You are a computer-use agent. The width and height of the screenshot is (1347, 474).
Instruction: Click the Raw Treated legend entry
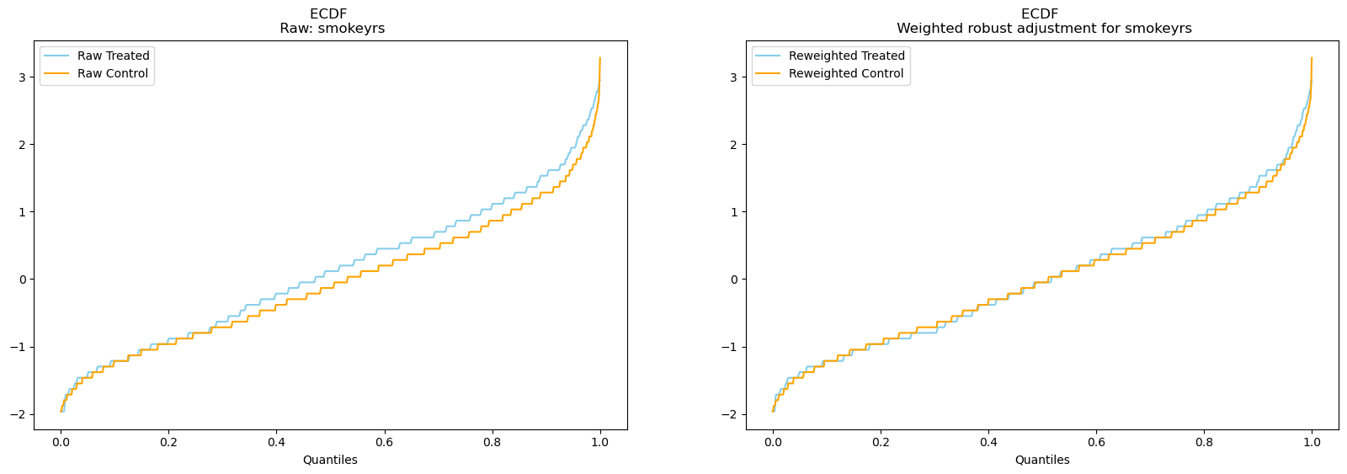pos(113,56)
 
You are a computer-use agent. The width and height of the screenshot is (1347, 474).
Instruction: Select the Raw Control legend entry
pos(112,73)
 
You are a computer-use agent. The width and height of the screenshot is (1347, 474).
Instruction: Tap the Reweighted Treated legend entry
pos(846,56)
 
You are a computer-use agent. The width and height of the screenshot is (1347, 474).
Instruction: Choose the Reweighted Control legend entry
pos(845,73)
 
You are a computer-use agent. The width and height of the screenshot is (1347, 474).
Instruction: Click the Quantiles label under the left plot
pos(330,460)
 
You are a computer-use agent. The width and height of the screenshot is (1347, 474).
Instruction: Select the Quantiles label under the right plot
pos(1042,460)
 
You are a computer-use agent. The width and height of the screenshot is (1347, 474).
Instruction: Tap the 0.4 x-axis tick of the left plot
pos(276,442)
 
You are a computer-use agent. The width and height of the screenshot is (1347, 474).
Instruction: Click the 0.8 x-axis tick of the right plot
pos(1204,442)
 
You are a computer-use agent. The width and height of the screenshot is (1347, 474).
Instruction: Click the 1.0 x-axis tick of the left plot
pos(599,442)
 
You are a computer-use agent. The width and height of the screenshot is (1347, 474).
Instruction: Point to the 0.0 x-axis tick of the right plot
pos(773,442)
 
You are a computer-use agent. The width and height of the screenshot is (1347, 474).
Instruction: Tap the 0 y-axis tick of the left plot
pos(24,280)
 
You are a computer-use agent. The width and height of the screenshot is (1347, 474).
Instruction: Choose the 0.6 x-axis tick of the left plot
pos(384,442)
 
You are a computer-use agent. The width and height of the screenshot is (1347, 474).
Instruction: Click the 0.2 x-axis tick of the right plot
pos(881,442)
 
